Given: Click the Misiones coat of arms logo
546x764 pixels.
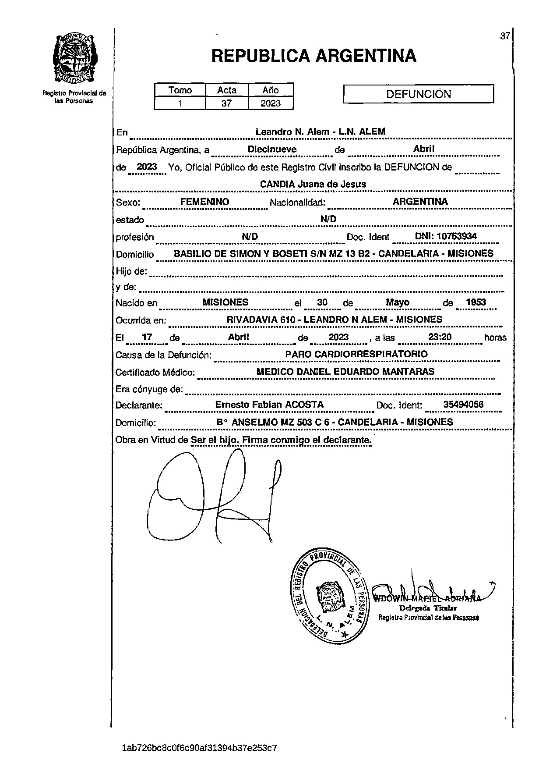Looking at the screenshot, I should pyautogui.click(x=74, y=59).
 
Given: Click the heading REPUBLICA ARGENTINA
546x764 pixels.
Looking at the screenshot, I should pyautogui.click(x=314, y=56).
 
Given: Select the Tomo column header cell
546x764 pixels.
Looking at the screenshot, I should pyautogui.click(x=180, y=90).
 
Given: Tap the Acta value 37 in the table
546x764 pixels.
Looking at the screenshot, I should pyautogui.click(x=226, y=103).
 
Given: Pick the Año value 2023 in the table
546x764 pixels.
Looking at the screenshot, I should pyautogui.click(x=270, y=103).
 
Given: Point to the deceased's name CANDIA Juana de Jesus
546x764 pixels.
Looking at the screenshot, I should pyautogui.click(x=313, y=184).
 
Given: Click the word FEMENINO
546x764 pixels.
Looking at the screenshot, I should pyautogui.click(x=204, y=202).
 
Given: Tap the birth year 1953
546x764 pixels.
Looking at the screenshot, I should pyautogui.click(x=476, y=302).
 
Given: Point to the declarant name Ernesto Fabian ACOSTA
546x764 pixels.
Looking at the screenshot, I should pyautogui.click(x=269, y=405).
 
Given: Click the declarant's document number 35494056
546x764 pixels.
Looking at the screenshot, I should pyautogui.click(x=463, y=405).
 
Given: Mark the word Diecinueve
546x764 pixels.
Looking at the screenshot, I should pyautogui.click(x=272, y=149).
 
